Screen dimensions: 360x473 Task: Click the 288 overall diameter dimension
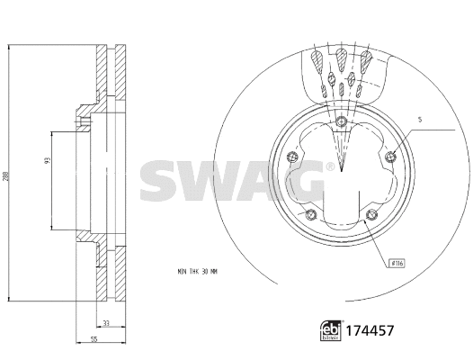(6, 178)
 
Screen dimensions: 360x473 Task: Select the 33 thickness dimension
(107, 323)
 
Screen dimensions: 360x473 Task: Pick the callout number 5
(420, 120)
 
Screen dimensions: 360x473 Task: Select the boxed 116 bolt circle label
(397, 263)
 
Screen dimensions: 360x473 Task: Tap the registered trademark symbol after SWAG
(330, 166)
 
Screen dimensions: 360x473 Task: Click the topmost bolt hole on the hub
(342, 123)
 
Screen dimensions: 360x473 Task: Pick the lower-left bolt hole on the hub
(311, 214)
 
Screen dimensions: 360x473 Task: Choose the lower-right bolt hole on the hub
(371, 214)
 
